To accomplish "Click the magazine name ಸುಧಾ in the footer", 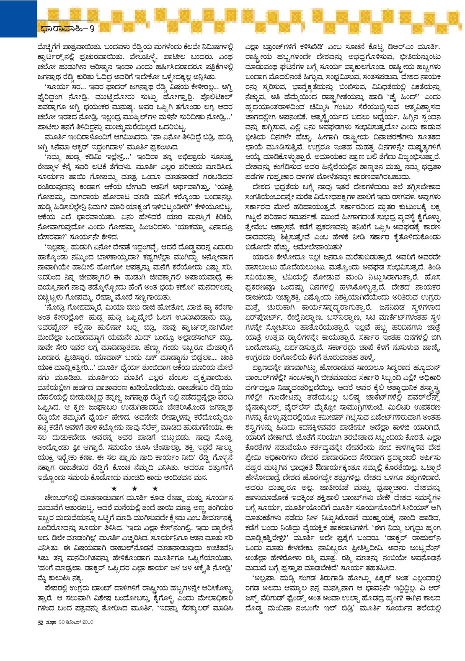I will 51,622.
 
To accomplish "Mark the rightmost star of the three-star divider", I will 155,489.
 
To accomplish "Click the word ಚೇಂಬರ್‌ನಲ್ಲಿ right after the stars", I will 60,498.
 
